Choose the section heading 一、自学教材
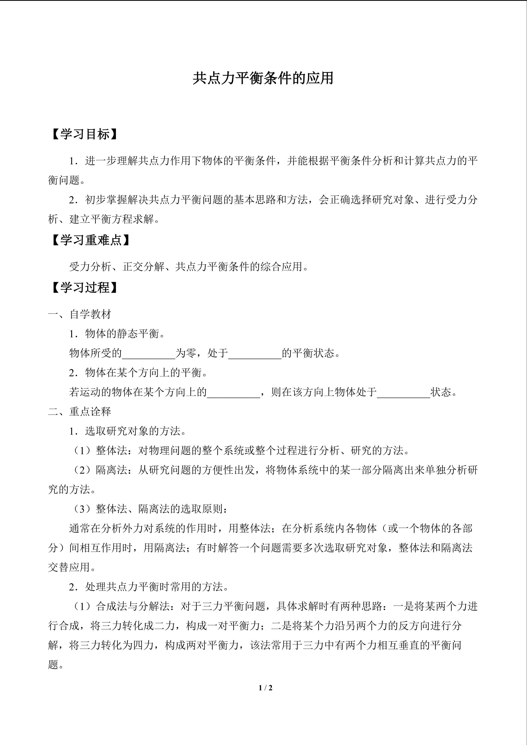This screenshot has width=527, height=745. point(80,314)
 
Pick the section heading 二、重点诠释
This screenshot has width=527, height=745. point(80,412)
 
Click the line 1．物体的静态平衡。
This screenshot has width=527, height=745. point(117,334)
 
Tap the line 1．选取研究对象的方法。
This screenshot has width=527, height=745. point(128,431)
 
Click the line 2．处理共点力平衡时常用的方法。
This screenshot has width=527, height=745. point(149,587)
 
